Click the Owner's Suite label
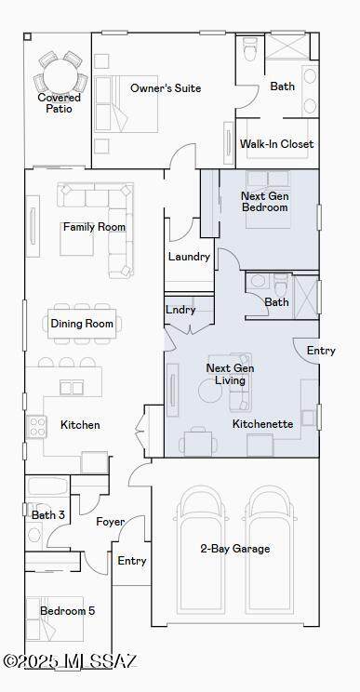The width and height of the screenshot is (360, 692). (x=166, y=87)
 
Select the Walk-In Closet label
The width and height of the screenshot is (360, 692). (x=276, y=144)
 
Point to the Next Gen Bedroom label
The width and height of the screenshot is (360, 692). (x=265, y=201)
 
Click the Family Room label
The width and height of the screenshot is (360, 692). (x=94, y=227)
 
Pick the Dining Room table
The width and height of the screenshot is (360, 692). (x=83, y=324)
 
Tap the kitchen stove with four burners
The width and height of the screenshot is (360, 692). (x=36, y=427)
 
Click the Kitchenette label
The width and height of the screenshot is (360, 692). (x=262, y=424)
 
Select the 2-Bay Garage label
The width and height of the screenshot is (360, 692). (x=234, y=549)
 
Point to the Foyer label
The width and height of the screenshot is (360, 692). (x=111, y=522)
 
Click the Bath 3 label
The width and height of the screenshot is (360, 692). (x=48, y=514)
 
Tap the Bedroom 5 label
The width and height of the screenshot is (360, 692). (x=68, y=611)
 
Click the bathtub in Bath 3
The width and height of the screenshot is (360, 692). (x=47, y=486)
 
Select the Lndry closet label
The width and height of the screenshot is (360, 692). (x=180, y=310)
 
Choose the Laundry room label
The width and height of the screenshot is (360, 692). (x=189, y=257)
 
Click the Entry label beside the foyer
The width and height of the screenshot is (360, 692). (x=132, y=561)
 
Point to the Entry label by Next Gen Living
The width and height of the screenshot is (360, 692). (x=321, y=351)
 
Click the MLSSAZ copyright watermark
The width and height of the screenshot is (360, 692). (x=71, y=661)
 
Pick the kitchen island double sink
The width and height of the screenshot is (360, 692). (x=72, y=388)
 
